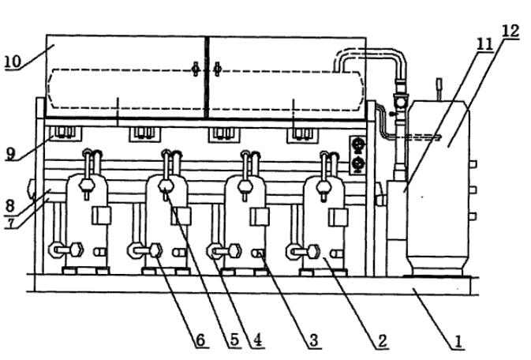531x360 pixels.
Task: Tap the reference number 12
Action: (x=510, y=32)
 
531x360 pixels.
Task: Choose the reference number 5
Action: (x=234, y=340)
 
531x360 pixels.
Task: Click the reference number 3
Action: (x=313, y=340)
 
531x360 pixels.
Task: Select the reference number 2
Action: (x=381, y=340)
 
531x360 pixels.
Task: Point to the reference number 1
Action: (x=456, y=340)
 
